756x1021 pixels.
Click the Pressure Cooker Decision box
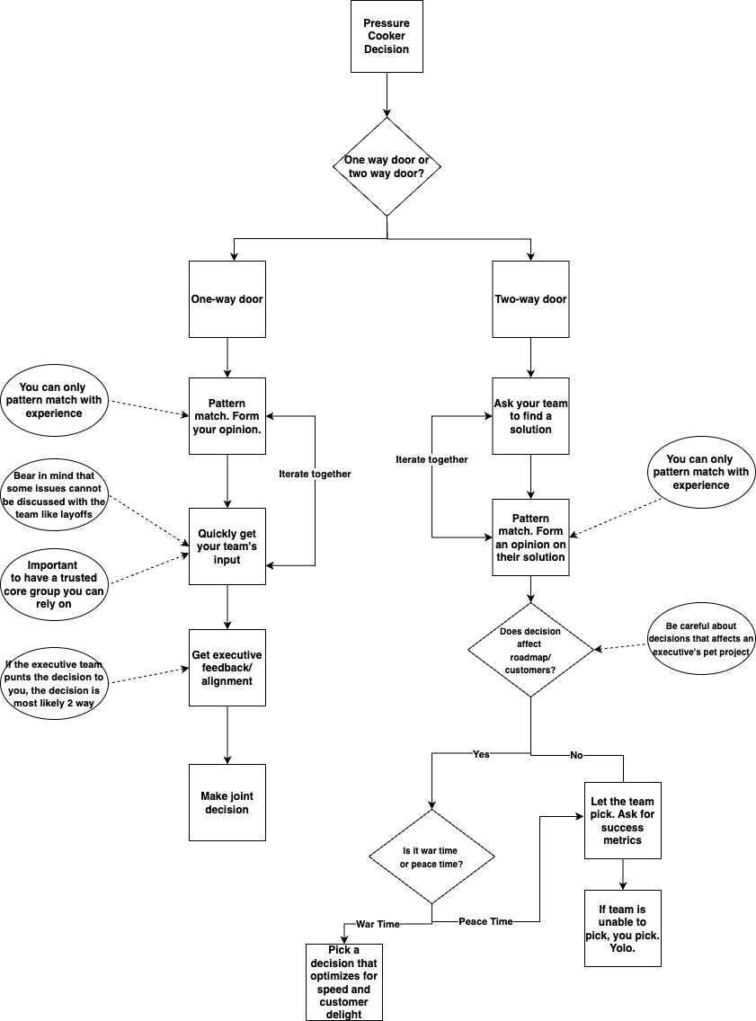[x=387, y=37]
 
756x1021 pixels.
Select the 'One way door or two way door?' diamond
[x=387, y=167]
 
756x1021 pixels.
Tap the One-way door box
[x=227, y=299]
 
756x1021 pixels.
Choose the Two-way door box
[x=530, y=299]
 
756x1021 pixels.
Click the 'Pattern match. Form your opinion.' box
[x=227, y=416]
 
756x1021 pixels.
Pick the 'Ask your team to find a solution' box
[x=530, y=416]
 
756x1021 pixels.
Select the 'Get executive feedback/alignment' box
[x=227, y=668]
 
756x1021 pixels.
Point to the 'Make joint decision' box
[x=227, y=803]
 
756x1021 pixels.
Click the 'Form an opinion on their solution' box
[x=530, y=537]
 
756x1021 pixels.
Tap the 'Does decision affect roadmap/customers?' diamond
[x=530, y=650]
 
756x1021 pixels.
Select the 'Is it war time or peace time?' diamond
[x=432, y=857]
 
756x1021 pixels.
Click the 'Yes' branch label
[x=481, y=754]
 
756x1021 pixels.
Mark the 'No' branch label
[x=576, y=755]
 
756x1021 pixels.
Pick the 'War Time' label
[x=378, y=924]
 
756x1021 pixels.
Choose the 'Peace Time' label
[x=485, y=921]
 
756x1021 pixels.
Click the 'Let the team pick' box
[x=622, y=821]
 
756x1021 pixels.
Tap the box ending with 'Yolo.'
[x=622, y=928]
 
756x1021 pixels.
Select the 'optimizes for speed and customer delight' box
[x=344, y=982]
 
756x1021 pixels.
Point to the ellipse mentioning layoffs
[x=54, y=495]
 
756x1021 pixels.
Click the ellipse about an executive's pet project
[x=701, y=638]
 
